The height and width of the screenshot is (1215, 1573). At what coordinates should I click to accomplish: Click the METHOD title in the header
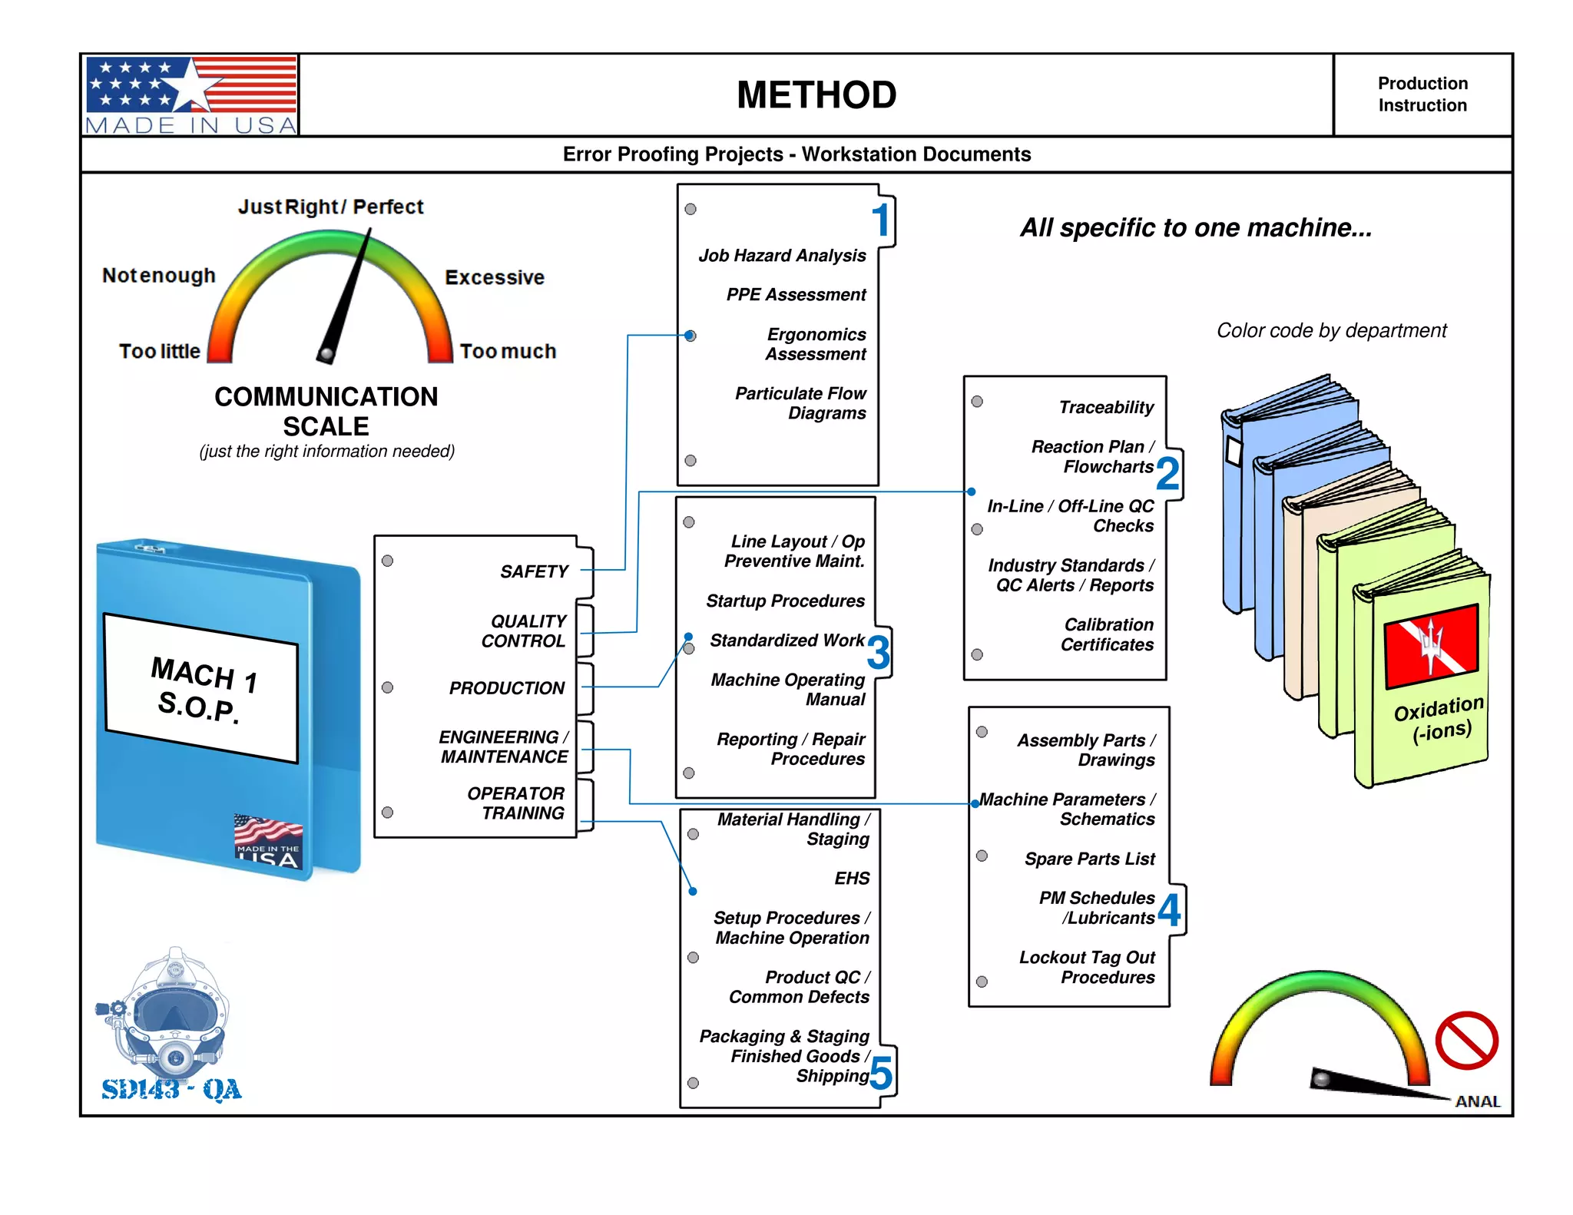coord(816,95)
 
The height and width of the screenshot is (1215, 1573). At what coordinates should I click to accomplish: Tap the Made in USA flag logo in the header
coord(191,95)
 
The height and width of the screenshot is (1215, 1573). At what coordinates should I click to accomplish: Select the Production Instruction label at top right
coord(1422,94)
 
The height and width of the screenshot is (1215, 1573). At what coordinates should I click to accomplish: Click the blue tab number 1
coord(881,220)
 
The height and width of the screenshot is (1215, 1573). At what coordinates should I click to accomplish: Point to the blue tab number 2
coord(1167,473)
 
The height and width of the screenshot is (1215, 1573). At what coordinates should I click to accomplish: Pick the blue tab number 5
coord(881,1073)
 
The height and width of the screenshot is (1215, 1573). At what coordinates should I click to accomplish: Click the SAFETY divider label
coord(534,571)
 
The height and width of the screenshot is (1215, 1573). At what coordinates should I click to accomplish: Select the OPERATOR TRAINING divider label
coord(515,803)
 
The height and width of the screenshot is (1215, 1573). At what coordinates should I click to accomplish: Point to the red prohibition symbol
coord(1466,1041)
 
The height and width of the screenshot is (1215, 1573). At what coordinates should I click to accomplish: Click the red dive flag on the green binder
coord(1430,646)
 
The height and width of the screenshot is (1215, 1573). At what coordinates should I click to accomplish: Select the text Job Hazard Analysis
coord(782,256)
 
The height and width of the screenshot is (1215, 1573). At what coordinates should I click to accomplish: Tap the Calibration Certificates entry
coord(1108,634)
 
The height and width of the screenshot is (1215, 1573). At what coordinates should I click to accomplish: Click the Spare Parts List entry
coord(1089,859)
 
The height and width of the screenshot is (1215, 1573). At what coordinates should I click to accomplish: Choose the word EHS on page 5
coord(852,879)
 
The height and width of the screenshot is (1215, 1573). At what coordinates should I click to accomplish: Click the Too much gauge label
coord(508,352)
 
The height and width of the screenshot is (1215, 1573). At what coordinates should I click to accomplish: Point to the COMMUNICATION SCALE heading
coord(326,411)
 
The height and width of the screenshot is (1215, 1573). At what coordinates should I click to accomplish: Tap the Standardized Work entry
coord(786,641)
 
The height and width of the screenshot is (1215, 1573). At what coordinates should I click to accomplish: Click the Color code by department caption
coord(1331,330)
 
